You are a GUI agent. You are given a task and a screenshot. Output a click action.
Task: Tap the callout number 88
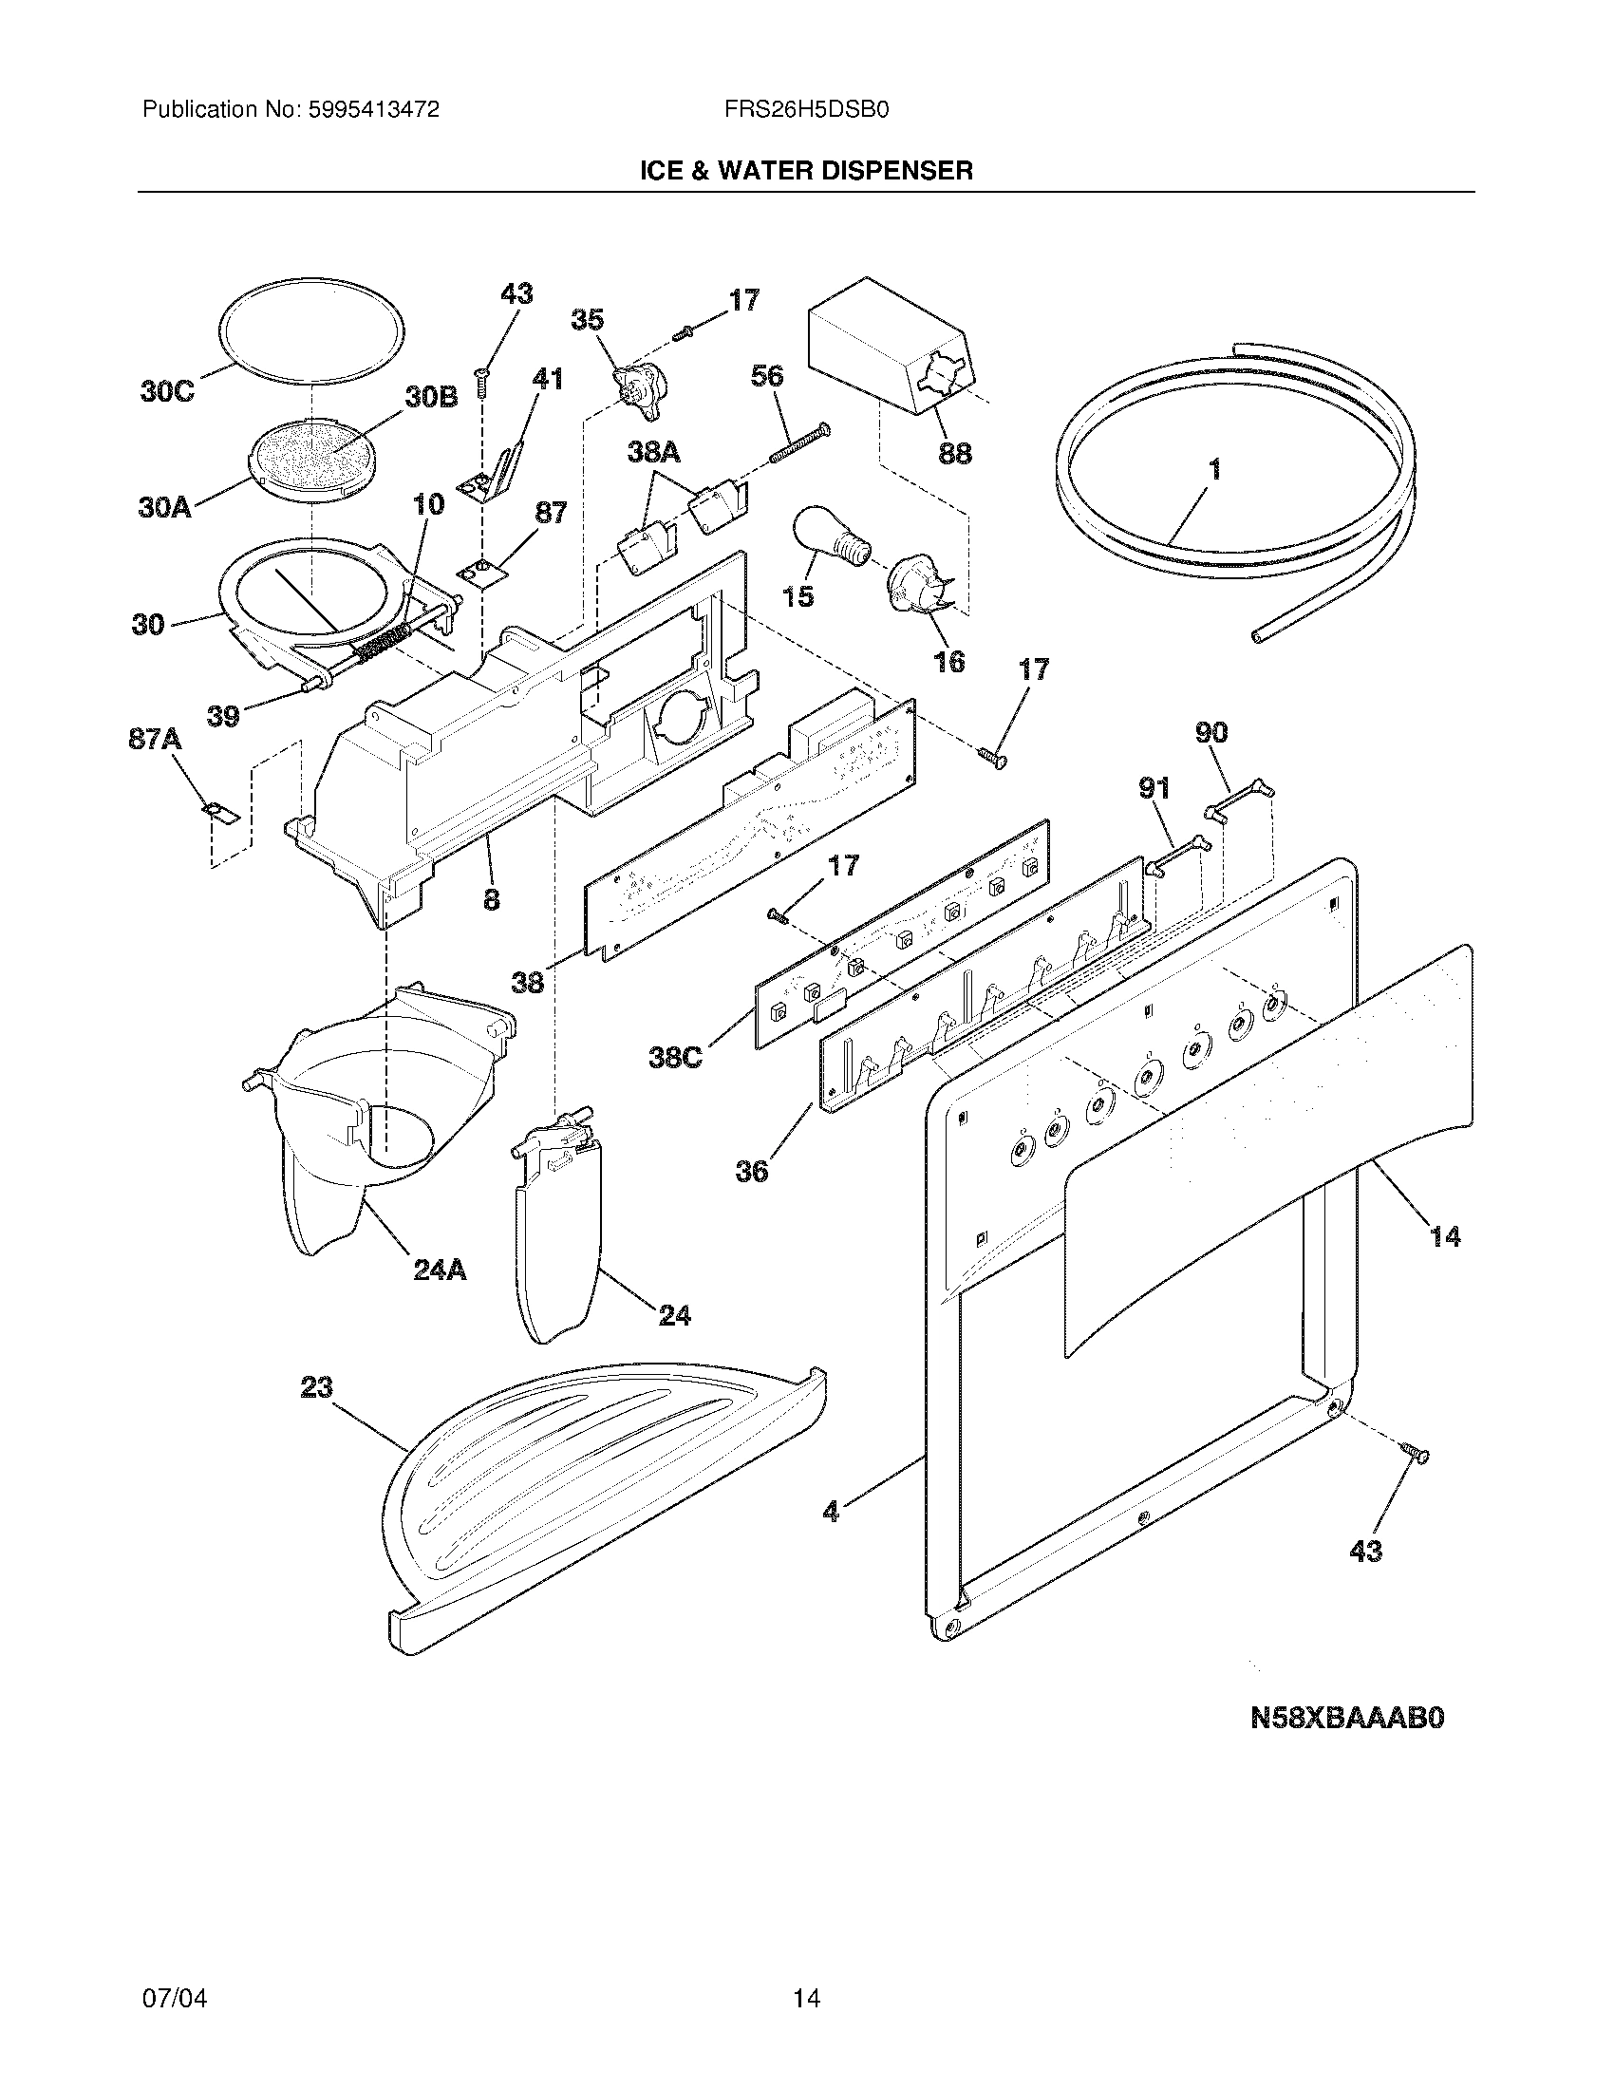click(x=954, y=452)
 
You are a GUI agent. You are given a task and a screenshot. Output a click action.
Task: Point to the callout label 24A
click(x=440, y=1270)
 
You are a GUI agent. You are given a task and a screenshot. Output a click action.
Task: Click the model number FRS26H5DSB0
click(x=807, y=110)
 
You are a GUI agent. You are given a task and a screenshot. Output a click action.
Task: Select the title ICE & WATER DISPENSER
click(x=806, y=171)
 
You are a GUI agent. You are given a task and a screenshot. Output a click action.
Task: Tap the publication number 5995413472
click(x=374, y=110)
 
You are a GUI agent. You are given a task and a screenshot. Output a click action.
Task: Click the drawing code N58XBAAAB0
click(x=1346, y=1719)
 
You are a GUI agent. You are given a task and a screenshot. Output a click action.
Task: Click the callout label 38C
click(x=675, y=1058)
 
